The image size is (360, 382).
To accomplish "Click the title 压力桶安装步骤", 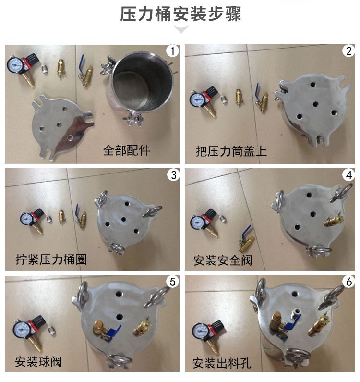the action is click(180, 14).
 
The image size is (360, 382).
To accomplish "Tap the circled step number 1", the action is click(173, 51).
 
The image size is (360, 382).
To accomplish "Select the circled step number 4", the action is click(349, 175).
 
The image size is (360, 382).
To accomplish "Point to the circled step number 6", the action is click(349, 282).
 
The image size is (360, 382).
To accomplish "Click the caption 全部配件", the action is click(126, 150).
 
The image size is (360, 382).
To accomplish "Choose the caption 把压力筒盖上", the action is click(231, 151).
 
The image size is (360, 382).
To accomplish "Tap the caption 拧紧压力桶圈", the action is click(51, 259).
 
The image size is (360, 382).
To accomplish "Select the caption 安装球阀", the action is click(38, 361).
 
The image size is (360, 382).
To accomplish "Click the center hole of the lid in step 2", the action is click(315, 104).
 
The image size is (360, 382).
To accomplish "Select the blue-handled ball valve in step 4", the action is click(246, 239).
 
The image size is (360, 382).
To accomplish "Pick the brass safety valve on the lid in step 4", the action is click(333, 220).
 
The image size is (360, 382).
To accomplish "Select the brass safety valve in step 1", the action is click(60, 69).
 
